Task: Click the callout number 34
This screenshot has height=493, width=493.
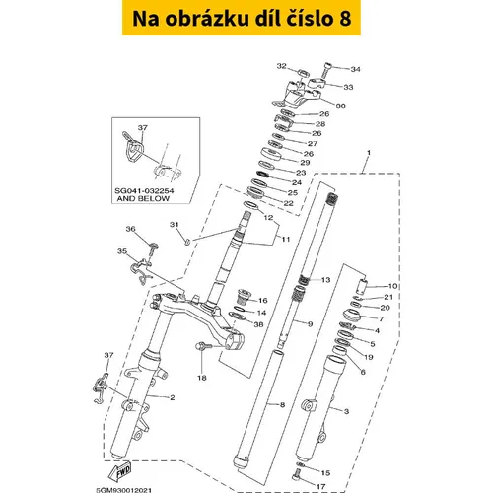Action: [x=355, y=69]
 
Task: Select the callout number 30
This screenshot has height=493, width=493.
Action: [x=341, y=106]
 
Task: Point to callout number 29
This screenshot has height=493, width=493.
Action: [x=305, y=163]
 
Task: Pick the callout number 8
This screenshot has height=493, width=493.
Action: [x=282, y=405]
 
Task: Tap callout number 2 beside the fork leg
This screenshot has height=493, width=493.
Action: [x=172, y=397]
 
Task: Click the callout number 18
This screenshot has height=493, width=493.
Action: [x=202, y=378]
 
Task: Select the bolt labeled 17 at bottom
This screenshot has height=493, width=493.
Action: [x=296, y=474]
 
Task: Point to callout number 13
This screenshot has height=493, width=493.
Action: [x=325, y=280]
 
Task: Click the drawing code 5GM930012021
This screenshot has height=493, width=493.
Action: [x=124, y=490]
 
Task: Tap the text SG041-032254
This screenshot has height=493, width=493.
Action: [x=144, y=191]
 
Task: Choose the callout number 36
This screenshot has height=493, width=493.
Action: [x=130, y=229]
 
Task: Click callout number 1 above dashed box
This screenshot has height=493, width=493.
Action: [x=369, y=153]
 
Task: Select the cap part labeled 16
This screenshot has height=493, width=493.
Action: [x=244, y=296]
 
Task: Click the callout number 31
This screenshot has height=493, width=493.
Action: [x=175, y=225]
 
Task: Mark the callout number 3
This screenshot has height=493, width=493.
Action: [x=346, y=411]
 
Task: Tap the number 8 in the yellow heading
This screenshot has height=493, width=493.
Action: [x=343, y=19]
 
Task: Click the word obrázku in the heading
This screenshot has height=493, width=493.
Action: [x=207, y=19]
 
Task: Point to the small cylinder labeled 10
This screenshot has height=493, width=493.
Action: [x=362, y=286]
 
